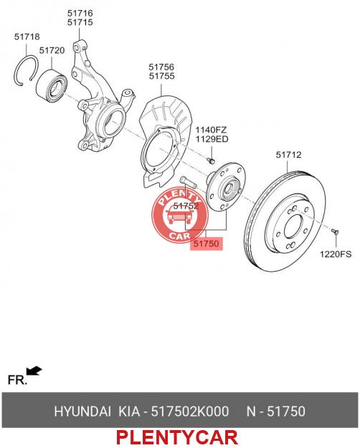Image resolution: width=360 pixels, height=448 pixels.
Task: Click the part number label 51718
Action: (27, 37)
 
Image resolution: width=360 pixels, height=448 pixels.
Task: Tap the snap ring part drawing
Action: (16, 71)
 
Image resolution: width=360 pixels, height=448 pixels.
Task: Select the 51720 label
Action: (52, 51)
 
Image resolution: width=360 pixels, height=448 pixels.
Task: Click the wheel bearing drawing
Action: (52, 87)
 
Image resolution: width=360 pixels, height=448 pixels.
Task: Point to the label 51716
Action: (80, 13)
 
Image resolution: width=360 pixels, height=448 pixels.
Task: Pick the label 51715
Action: (80, 22)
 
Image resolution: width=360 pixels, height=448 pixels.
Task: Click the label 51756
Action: (161, 67)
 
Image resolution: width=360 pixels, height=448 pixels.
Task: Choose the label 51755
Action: (161, 76)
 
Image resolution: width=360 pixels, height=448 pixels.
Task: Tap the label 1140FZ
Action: (211, 130)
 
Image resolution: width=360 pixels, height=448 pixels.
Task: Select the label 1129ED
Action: (212, 139)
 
